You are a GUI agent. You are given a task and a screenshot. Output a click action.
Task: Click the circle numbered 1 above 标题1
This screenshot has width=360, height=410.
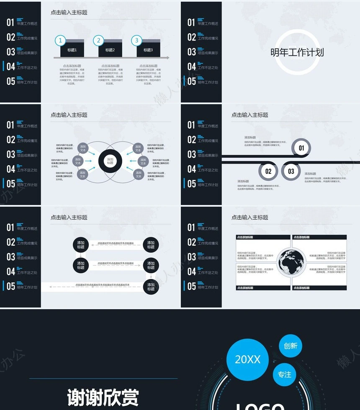pyautogui.click(x=61, y=41)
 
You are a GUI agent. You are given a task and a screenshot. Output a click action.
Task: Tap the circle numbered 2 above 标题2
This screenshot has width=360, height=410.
pyautogui.click(x=99, y=41)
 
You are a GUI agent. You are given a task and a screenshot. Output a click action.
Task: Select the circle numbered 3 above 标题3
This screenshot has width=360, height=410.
pyautogui.click(x=136, y=41)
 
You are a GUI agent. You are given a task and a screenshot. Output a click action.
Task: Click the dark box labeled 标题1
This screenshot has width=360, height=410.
pyautogui.click(x=72, y=50)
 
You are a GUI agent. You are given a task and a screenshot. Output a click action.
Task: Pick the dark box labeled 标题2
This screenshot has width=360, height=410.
pyautogui.click(x=110, y=50)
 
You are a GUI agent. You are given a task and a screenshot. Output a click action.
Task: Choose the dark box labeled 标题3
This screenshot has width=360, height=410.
pyautogui.click(x=148, y=50)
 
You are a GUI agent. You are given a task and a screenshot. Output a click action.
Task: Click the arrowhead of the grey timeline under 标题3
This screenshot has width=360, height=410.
pyautogui.click(x=168, y=58)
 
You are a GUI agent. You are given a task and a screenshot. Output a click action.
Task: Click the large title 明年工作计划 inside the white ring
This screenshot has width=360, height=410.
pyautogui.click(x=297, y=52)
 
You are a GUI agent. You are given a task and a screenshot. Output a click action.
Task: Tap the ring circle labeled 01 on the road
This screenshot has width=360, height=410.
pyautogui.click(x=301, y=148)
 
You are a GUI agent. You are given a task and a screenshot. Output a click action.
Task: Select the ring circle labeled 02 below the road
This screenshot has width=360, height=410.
pyautogui.click(x=268, y=171)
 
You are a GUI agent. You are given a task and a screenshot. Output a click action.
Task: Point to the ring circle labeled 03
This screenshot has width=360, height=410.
pyautogui.click(x=291, y=171)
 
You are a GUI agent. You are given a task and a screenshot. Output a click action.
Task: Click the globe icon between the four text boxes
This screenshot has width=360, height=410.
pyautogui.click(x=291, y=262)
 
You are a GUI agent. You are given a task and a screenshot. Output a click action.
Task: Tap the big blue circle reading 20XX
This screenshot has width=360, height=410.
pyautogui.click(x=247, y=359)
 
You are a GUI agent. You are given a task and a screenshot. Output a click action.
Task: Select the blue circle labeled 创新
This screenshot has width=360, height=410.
pyautogui.click(x=290, y=346)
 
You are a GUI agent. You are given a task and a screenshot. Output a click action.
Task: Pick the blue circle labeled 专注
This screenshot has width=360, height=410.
pyautogui.click(x=284, y=374)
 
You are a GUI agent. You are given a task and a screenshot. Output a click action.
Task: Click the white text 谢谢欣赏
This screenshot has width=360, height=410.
pyautogui.click(x=103, y=397)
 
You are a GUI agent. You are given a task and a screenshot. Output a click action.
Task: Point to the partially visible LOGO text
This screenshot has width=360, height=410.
pyautogui.click(x=260, y=406)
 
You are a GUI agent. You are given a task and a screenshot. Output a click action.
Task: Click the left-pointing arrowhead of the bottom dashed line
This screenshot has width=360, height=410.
pyautogui.click(x=50, y=287)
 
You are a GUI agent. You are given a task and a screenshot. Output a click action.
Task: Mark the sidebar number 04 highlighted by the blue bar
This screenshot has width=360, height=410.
pyautogui.click(x=10, y=67)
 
